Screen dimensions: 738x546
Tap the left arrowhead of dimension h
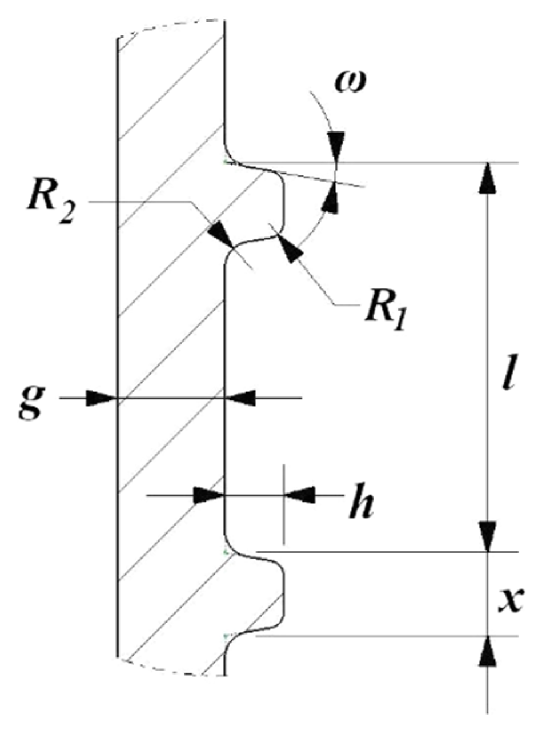208,495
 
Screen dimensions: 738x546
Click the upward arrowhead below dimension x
487,651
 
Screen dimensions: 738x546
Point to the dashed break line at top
171,26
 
